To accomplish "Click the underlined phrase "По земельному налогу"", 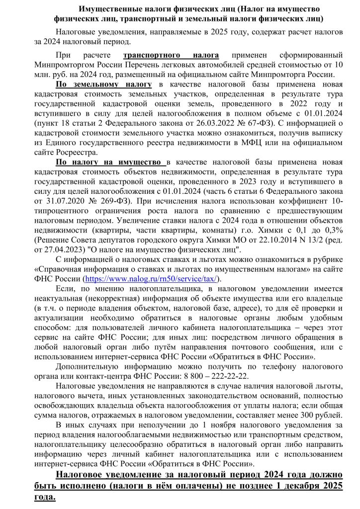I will point(104,84).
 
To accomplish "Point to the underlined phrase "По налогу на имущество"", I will point(110,162).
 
